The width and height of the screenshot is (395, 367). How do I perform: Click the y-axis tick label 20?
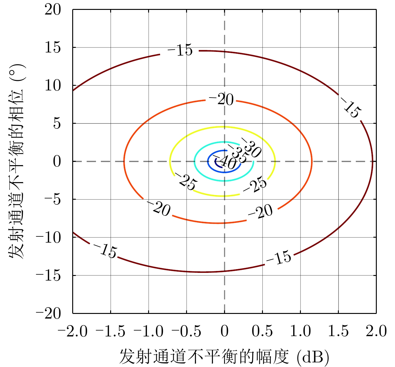click(x=53, y=10)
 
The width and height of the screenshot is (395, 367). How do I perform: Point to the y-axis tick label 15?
click(x=53, y=48)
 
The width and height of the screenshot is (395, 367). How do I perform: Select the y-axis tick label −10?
click(x=48, y=238)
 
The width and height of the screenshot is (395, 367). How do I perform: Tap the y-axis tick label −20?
click(x=48, y=314)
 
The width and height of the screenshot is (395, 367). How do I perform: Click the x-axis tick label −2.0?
click(x=73, y=332)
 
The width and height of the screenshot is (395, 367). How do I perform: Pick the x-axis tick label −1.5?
click(x=110, y=332)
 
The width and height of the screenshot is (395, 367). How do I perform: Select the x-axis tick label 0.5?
click(x=262, y=332)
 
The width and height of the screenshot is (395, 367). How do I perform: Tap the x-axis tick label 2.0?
click(x=376, y=332)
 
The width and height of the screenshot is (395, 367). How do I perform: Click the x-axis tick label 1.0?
click(x=300, y=332)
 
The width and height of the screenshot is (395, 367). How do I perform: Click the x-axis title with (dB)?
click(x=224, y=357)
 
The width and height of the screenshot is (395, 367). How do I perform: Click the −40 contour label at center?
click(x=226, y=162)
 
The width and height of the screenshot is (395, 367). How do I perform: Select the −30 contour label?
click(x=252, y=147)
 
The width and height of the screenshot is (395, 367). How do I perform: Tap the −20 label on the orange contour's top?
click(x=221, y=99)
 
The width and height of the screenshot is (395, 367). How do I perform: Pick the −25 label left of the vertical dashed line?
click(x=185, y=181)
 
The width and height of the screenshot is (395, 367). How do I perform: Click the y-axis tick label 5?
click(x=57, y=124)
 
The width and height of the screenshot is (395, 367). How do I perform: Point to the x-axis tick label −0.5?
click(x=186, y=332)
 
